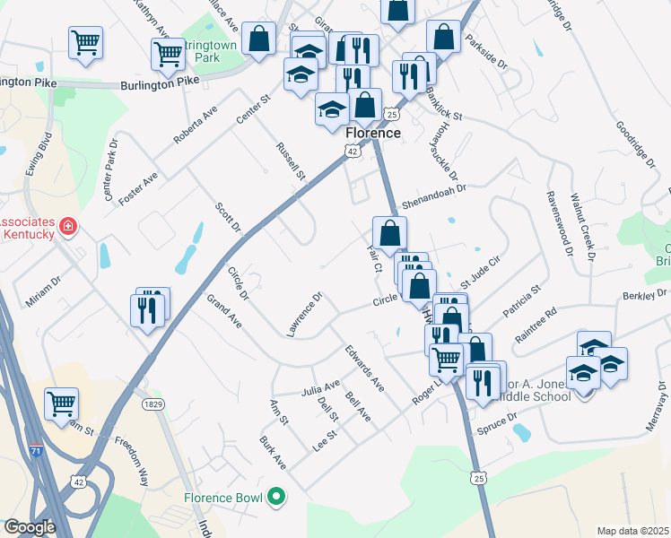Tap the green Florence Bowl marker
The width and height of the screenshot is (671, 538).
point(277,497)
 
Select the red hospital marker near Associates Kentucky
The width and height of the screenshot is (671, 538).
point(67,227)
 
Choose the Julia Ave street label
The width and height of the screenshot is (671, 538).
point(320,388)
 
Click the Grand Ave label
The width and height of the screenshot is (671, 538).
point(224,310)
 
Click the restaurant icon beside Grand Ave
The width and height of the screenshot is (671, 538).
point(149,309)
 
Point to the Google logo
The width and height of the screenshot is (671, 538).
point(30,528)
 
